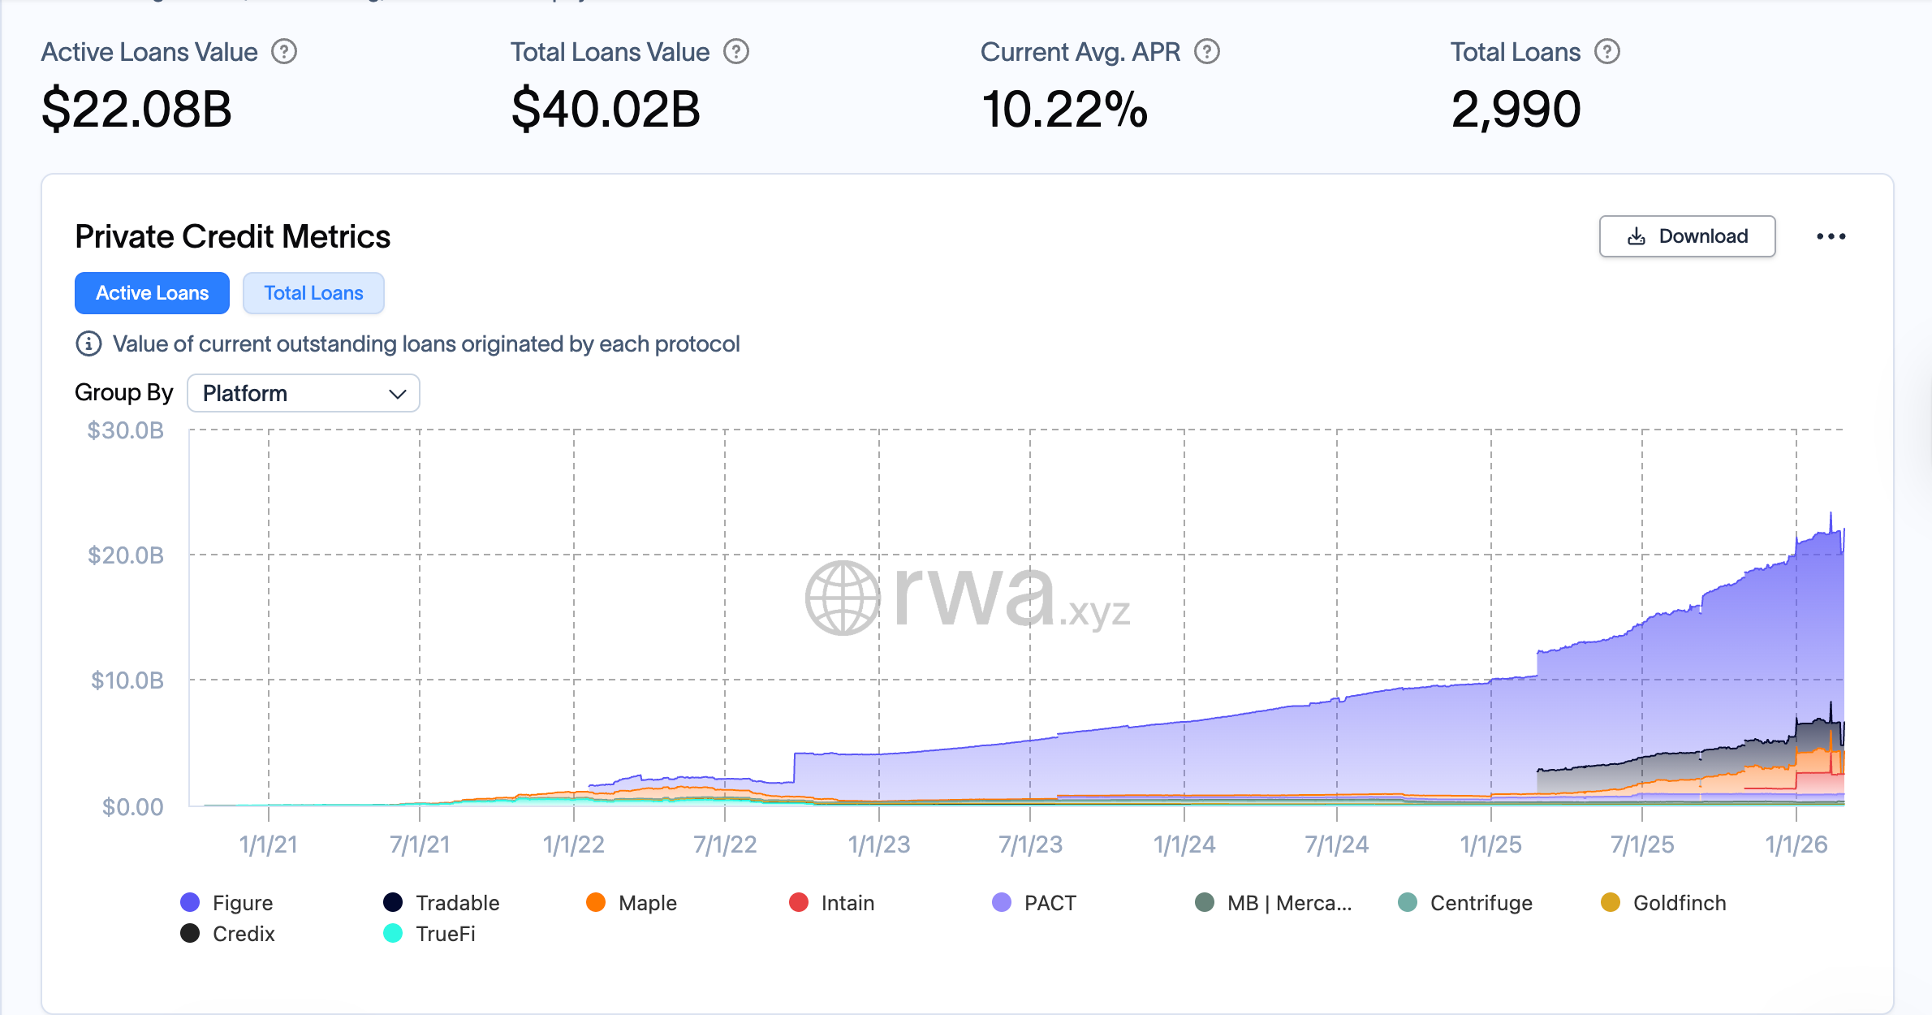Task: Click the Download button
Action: click(1687, 236)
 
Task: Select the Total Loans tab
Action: click(313, 293)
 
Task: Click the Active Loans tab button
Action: click(152, 293)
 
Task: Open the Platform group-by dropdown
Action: click(304, 393)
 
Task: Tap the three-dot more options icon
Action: click(1831, 236)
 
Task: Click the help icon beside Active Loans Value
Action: click(284, 52)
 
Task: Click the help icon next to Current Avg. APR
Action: click(1207, 52)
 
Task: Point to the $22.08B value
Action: click(136, 110)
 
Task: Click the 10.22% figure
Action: click(1064, 110)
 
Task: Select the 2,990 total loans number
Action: click(1516, 110)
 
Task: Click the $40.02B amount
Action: click(606, 110)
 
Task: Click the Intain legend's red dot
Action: click(799, 902)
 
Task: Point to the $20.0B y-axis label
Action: click(126, 555)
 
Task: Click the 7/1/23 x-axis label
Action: click(1030, 844)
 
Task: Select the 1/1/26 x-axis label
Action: click(1796, 844)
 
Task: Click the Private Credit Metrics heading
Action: click(233, 237)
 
